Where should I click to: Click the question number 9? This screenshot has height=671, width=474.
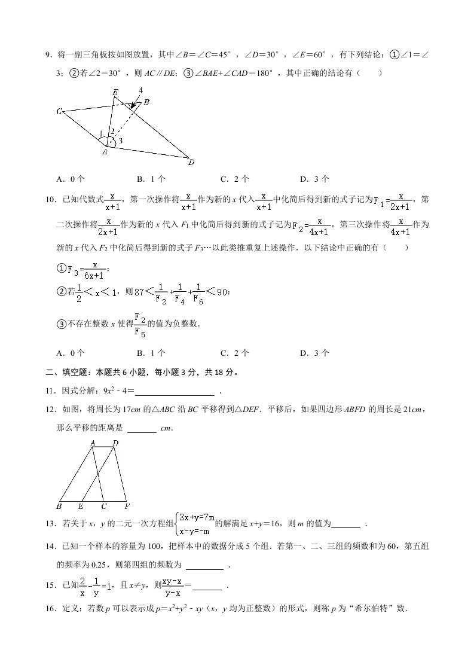click(48, 56)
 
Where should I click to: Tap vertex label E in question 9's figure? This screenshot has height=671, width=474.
click(115, 91)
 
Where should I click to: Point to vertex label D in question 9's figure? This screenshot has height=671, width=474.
click(191, 162)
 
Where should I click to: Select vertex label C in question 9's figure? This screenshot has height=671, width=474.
click(59, 111)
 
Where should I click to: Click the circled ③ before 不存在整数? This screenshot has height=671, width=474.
click(60, 324)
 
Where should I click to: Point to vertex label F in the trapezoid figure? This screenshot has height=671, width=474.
click(127, 507)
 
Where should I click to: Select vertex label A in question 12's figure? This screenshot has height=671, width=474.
click(93, 443)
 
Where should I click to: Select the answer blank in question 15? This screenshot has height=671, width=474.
click(207, 587)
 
